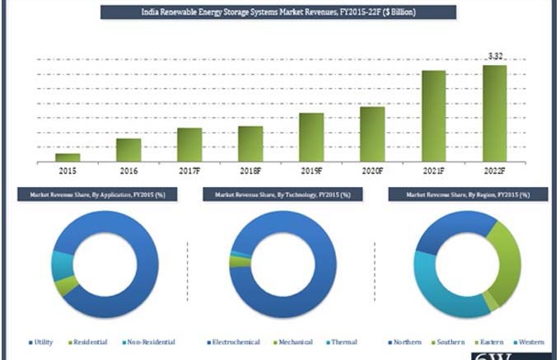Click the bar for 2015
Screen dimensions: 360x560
click(x=68, y=157)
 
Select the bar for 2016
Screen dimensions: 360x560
click(x=128, y=149)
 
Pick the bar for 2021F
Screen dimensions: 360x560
click(x=433, y=115)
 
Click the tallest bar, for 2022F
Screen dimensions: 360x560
click(x=494, y=113)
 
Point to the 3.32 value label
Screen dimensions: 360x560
click(x=496, y=56)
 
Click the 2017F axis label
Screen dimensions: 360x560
click(x=189, y=171)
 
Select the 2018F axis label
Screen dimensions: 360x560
click(x=250, y=171)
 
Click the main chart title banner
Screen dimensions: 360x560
click(x=278, y=12)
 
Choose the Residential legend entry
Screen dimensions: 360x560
click(x=90, y=341)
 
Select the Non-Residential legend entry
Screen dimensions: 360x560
click(x=149, y=341)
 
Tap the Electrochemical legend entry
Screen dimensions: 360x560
click(x=232, y=341)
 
